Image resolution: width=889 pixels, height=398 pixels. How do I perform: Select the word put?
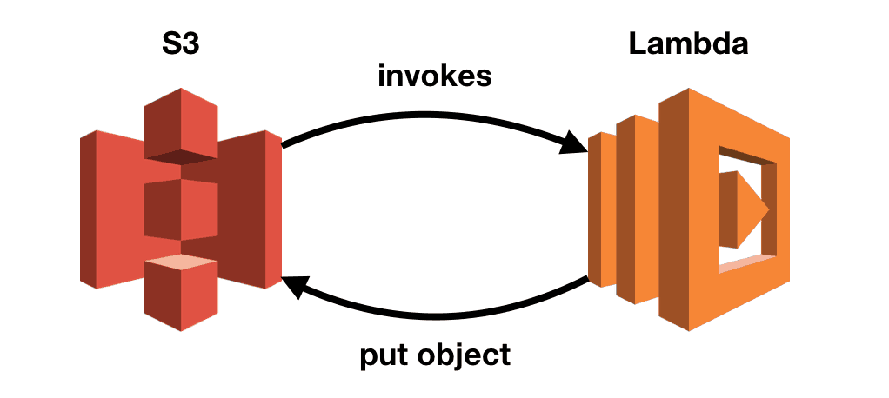[384, 355]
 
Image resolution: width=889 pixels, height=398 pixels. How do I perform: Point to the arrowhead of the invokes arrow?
[573, 143]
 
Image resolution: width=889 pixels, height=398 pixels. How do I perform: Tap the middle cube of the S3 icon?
[180, 209]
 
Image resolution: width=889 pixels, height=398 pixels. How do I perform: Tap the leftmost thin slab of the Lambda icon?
[597, 209]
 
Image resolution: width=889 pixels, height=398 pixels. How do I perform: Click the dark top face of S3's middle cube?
[180, 156]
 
